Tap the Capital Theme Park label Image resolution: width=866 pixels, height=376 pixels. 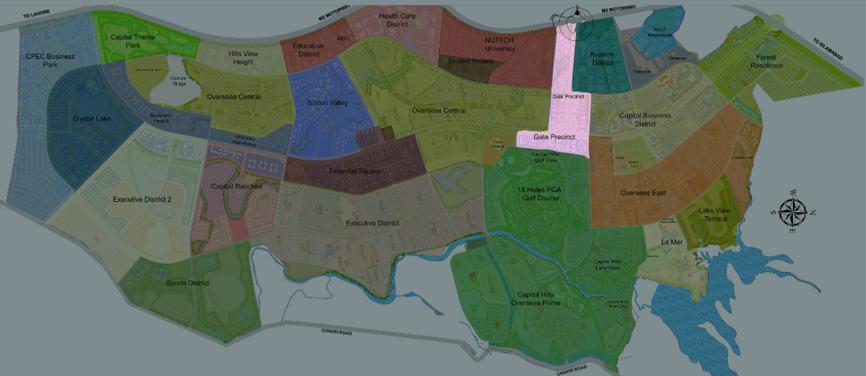point(132,41)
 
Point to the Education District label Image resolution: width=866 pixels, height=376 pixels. point(309,49)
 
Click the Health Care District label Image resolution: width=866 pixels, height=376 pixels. point(396,19)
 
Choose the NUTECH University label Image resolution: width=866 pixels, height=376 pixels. point(500,44)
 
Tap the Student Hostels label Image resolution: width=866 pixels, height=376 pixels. point(470,61)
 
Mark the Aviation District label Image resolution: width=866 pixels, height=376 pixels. point(601,59)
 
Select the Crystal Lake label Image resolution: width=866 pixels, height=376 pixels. point(92,118)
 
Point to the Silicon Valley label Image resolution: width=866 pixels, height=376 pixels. point(328,103)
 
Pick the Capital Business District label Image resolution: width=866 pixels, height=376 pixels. point(645,120)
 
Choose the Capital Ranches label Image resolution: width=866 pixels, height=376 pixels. point(237,186)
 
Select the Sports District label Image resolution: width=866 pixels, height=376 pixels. point(187,283)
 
